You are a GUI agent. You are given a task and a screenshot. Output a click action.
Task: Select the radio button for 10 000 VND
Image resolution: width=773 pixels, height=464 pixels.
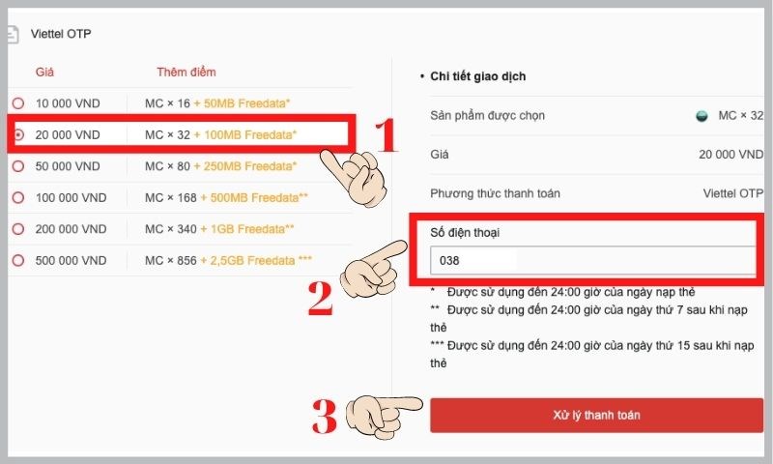coord(17,103)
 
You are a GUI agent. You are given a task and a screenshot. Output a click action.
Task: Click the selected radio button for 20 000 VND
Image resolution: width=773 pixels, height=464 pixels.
coord(17,135)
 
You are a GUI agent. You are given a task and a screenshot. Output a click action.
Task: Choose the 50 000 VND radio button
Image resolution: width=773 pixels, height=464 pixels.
coord(17,166)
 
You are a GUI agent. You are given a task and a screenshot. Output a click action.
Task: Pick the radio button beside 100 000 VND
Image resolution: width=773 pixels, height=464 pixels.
coord(17,198)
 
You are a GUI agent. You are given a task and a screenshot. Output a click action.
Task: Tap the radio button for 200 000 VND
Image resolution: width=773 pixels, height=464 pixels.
coord(17,229)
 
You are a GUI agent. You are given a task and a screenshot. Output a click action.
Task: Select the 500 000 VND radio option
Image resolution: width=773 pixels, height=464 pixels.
coord(17,261)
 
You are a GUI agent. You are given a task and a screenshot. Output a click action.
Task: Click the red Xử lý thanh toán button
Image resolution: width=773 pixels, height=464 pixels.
coord(596,415)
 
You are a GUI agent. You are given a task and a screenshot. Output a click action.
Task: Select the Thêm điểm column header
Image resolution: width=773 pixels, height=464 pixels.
coord(186,72)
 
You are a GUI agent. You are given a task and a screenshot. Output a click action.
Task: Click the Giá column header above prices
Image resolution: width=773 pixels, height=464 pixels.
coord(44,72)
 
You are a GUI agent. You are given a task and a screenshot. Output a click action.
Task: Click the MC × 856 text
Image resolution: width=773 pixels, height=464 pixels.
coord(166,261)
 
